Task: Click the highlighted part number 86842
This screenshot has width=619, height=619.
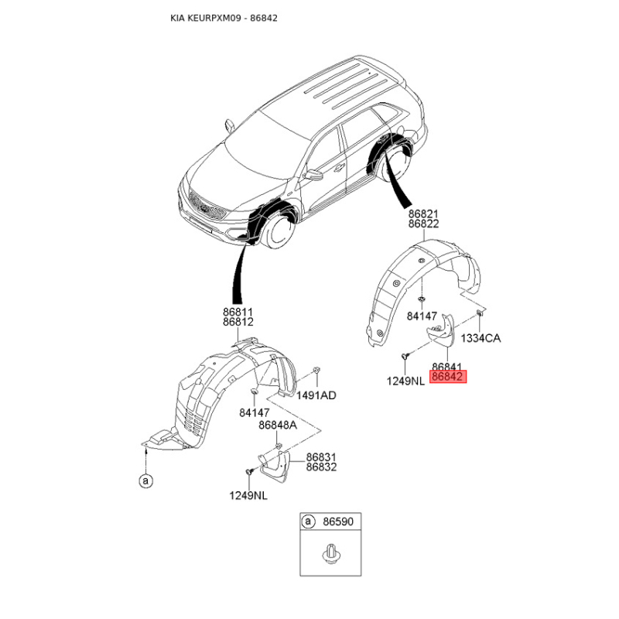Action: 448,376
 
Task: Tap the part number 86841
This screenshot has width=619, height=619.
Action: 447,367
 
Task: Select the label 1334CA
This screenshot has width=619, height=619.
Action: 480,338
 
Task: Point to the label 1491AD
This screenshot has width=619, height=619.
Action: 316,395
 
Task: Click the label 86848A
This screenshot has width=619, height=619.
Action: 278,425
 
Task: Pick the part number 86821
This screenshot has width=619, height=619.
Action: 423,214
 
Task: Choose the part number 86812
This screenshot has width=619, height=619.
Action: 238,322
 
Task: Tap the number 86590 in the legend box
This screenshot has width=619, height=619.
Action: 338,522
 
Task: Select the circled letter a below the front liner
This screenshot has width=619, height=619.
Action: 146,480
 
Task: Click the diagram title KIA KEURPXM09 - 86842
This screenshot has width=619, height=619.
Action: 224,18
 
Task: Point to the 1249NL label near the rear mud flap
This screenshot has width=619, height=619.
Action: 405,381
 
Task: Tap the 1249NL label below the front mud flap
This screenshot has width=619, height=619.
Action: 248,495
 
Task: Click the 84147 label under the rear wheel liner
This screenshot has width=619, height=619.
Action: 422,316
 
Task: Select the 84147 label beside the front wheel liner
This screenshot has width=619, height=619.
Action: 255,412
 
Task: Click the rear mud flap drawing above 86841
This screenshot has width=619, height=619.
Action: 442,332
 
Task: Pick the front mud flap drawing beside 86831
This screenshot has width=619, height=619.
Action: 275,467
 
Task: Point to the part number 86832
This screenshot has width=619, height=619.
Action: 321,467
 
